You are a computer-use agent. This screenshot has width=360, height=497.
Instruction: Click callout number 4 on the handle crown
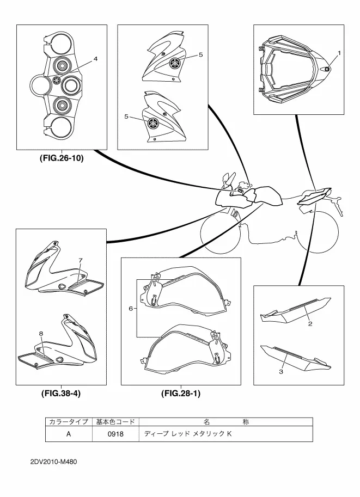[95, 59]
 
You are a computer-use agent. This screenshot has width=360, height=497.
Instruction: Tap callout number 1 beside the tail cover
[339, 53]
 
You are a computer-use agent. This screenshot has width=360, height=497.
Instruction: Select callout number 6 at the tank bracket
[131, 308]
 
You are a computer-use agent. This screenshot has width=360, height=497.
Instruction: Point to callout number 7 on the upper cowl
[80, 260]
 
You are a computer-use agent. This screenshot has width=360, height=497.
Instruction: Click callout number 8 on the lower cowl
[41, 333]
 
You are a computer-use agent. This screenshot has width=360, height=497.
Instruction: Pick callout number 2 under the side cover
[310, 323]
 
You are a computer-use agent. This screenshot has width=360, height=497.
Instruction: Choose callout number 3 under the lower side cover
[280, 371]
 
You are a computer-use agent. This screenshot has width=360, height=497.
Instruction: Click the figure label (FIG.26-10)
[62, 158]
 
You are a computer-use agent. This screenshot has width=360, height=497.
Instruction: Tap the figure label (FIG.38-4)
[61, 394]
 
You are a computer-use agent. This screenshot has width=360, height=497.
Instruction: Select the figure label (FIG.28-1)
[181, 394]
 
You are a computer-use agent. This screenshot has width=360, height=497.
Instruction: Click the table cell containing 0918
[115, 434]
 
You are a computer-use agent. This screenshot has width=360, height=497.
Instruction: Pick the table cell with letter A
[69, 434]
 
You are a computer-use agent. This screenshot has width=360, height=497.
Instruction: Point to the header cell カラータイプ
[69, 422]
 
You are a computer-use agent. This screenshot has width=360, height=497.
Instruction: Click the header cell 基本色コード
[115, 422]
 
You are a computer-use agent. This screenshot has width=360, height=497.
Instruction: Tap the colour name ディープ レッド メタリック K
[188, 434]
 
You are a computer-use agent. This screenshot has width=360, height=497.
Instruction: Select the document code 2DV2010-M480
[53, 462]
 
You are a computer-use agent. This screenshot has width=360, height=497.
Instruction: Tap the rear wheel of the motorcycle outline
[318, 234]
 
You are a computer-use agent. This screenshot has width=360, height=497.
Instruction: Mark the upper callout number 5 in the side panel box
[200, 55]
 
